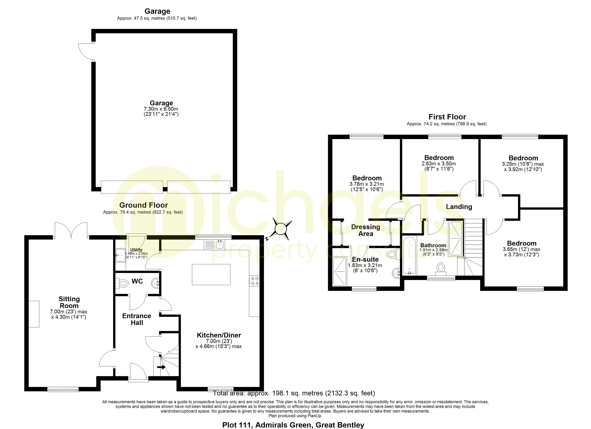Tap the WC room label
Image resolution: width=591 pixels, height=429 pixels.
(x=137, y=281)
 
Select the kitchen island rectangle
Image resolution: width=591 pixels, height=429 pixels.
(x=211, y=274)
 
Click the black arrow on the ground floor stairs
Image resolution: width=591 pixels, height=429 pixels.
(x=161, y=367)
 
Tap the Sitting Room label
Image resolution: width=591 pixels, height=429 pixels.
(x=69, y=302)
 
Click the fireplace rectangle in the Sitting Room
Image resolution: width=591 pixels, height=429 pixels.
(x=34, y=314)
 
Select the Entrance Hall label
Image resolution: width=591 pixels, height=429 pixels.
(x=137, y=319)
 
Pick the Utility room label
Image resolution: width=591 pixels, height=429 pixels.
(x=136, y=250)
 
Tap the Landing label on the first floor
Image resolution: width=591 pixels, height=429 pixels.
(x=459, y=207)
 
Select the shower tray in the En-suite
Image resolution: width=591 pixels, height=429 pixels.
(x=340, y=271)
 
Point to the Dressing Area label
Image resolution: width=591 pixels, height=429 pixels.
(x=366, y=230)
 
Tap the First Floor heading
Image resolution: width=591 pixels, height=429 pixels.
(x=447, y=117)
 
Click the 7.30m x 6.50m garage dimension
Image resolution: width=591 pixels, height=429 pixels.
(x=161, y=109)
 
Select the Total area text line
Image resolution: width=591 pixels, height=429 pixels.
(x=294, y=393)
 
